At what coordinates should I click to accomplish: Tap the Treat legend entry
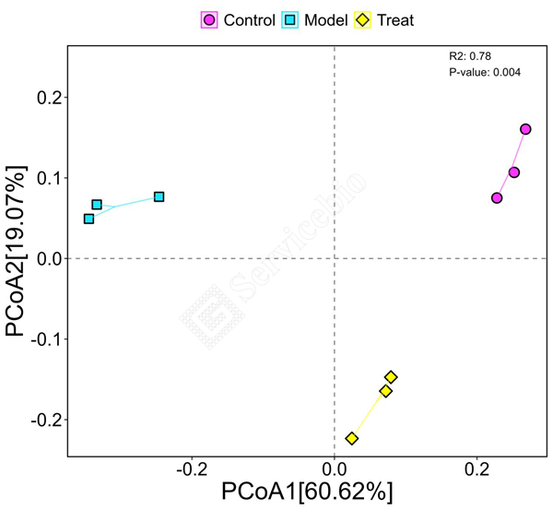point(386,19)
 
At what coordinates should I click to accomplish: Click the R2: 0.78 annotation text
point(468,56)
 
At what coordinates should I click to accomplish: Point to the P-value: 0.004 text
point(485,72)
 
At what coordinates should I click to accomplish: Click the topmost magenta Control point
point(525,129)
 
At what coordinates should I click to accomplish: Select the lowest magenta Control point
point(497,198)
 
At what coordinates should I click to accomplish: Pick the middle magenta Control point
point(514,172)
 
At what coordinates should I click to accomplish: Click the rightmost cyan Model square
point(159,196)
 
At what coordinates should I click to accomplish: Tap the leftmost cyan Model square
point(88,219)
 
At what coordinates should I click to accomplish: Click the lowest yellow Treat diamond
point(352,438)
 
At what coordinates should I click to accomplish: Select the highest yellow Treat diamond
point(391,376)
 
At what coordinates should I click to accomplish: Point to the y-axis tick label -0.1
point(47,338)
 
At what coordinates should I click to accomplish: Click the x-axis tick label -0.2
point(191,468)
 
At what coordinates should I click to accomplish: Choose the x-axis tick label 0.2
point(477,468)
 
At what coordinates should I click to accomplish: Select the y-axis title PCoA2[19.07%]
point(18,251)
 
